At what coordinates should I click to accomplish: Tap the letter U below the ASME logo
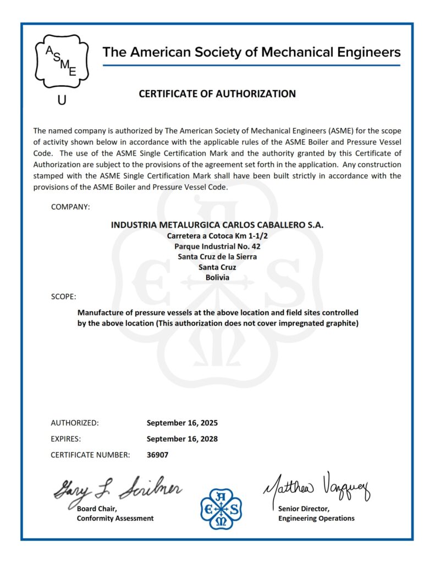click(x=61, y=101)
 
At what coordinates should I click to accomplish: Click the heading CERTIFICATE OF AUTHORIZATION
click(x=217, y=94)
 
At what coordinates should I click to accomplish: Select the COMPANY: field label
click(x=70, y=207)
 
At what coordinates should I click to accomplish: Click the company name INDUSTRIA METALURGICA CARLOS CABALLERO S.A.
click(x=217, y=225)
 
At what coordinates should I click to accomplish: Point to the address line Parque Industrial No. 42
click(x=217, y=246)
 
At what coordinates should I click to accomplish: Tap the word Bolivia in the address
click(x=217, y=278)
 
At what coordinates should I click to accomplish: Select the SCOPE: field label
click(x=64, y=297)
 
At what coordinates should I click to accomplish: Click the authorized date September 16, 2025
click(x=182, y=423)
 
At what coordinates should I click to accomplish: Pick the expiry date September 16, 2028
click(x=182, y=439)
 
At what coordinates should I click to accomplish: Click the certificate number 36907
click(x=158, y=455)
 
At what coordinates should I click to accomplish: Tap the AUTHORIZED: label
click(x=75, y=423)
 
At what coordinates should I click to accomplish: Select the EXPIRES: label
click(x=66, y=439)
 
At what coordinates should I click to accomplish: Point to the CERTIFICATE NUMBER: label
click(x=90, y=455)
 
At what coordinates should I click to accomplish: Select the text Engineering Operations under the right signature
click(x=316, y=518)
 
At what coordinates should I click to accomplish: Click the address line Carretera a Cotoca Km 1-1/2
click(x=217, y=236)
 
